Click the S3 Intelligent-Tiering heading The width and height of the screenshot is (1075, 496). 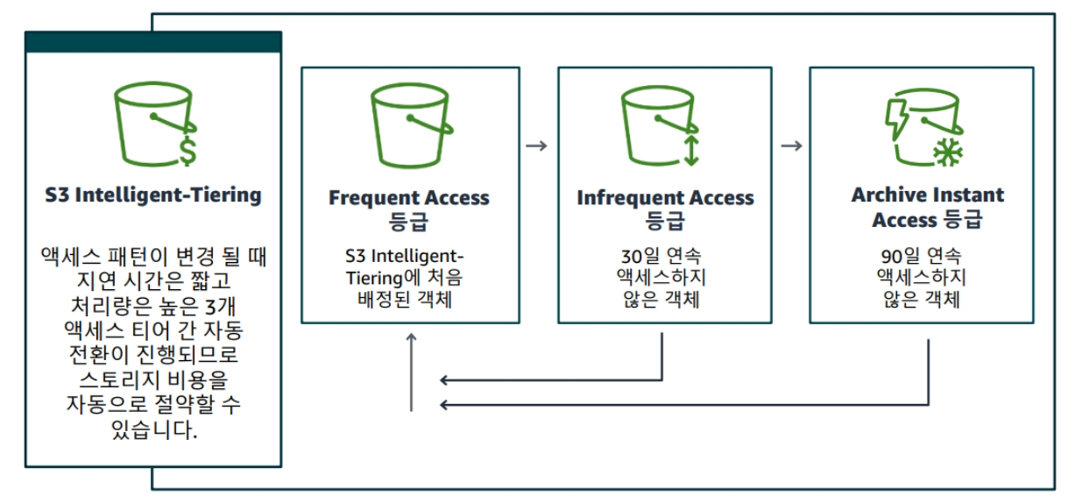153,195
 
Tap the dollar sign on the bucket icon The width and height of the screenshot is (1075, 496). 187,150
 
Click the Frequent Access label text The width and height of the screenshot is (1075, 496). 409,198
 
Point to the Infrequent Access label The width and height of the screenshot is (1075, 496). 665,198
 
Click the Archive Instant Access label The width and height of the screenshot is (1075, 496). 927,207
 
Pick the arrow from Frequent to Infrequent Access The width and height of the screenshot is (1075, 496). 536,145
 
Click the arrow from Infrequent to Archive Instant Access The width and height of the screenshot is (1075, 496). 791,145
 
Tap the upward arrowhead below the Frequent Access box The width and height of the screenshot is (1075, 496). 412,338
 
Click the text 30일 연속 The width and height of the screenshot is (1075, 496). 663,257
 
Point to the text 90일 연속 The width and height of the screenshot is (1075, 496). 919,257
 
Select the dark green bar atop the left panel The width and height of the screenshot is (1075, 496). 153,42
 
